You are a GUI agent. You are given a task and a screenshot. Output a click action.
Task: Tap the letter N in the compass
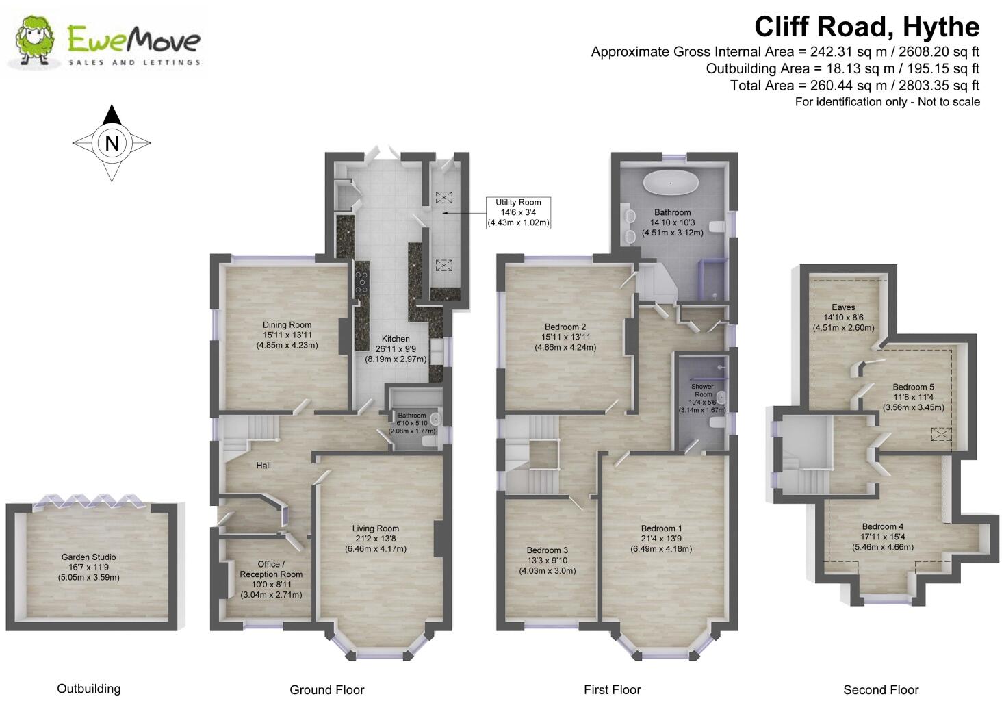[112, 144]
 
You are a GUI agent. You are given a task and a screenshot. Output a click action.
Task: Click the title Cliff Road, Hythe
[866, 27]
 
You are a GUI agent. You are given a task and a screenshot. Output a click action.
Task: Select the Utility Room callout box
[518, 212]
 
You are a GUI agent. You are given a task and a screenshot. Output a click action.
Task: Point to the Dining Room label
[287, 335]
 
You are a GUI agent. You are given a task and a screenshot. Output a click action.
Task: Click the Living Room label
[376, 538]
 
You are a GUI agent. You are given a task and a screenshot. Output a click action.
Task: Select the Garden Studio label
[88, 567]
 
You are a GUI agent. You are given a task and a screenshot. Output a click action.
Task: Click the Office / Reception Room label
[271, 579]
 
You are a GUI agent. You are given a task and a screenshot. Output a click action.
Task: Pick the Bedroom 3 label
[547, 560]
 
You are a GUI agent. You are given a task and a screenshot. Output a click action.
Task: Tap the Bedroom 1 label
[661, 538]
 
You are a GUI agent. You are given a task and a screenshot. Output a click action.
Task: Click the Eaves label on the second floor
[843, 317]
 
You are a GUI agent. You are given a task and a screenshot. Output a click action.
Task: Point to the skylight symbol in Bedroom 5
[942, 434]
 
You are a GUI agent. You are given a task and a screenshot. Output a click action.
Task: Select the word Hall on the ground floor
[263, 466]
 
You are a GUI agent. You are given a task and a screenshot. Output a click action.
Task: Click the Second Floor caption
[880, 690]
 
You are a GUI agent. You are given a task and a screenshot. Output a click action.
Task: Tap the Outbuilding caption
[88, 689]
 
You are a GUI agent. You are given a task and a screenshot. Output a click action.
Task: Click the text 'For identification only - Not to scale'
[887, 102]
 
